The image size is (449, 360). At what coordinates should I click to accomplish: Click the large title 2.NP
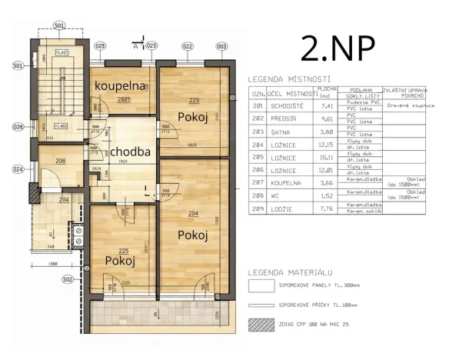338,48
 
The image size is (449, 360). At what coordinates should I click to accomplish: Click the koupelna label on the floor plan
120,85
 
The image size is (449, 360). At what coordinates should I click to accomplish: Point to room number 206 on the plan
60,161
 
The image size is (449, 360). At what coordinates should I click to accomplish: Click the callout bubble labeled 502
66,279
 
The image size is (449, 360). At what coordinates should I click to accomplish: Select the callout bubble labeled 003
221,47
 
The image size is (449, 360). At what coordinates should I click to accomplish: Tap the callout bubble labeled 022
187,47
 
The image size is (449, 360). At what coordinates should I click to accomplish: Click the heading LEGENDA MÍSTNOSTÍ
289,78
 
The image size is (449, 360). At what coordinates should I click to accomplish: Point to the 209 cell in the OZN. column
258,208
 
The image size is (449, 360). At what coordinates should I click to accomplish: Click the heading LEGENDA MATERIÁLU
290,273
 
